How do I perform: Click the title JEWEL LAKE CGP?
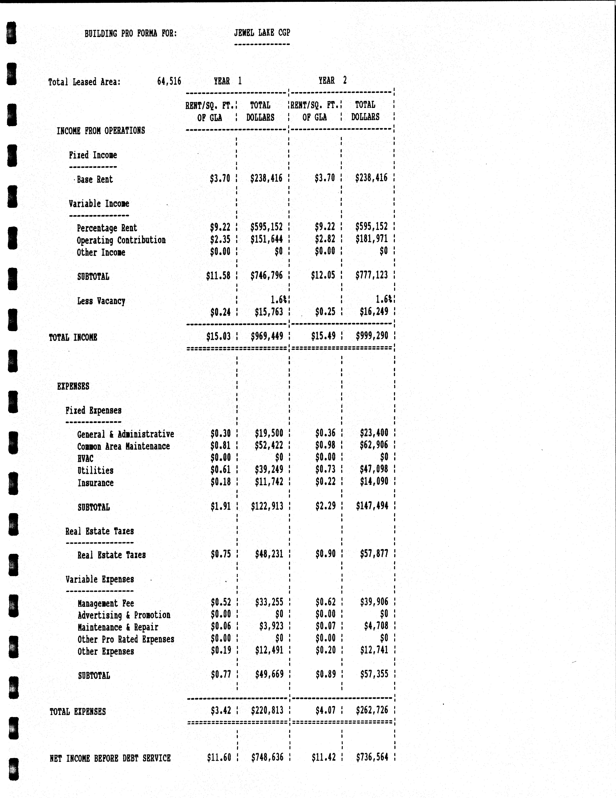(x=262, y=33)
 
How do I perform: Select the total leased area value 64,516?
(x=169, y=81)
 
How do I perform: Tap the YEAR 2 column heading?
(x=332, y=80)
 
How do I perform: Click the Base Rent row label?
(x=95, y=179)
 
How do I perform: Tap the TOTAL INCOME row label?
(x=73, y=337)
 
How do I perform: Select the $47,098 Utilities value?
(x=374, y=469)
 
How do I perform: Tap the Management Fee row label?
(x=106, y=603)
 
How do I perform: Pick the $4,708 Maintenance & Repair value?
(x=376, y=626)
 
